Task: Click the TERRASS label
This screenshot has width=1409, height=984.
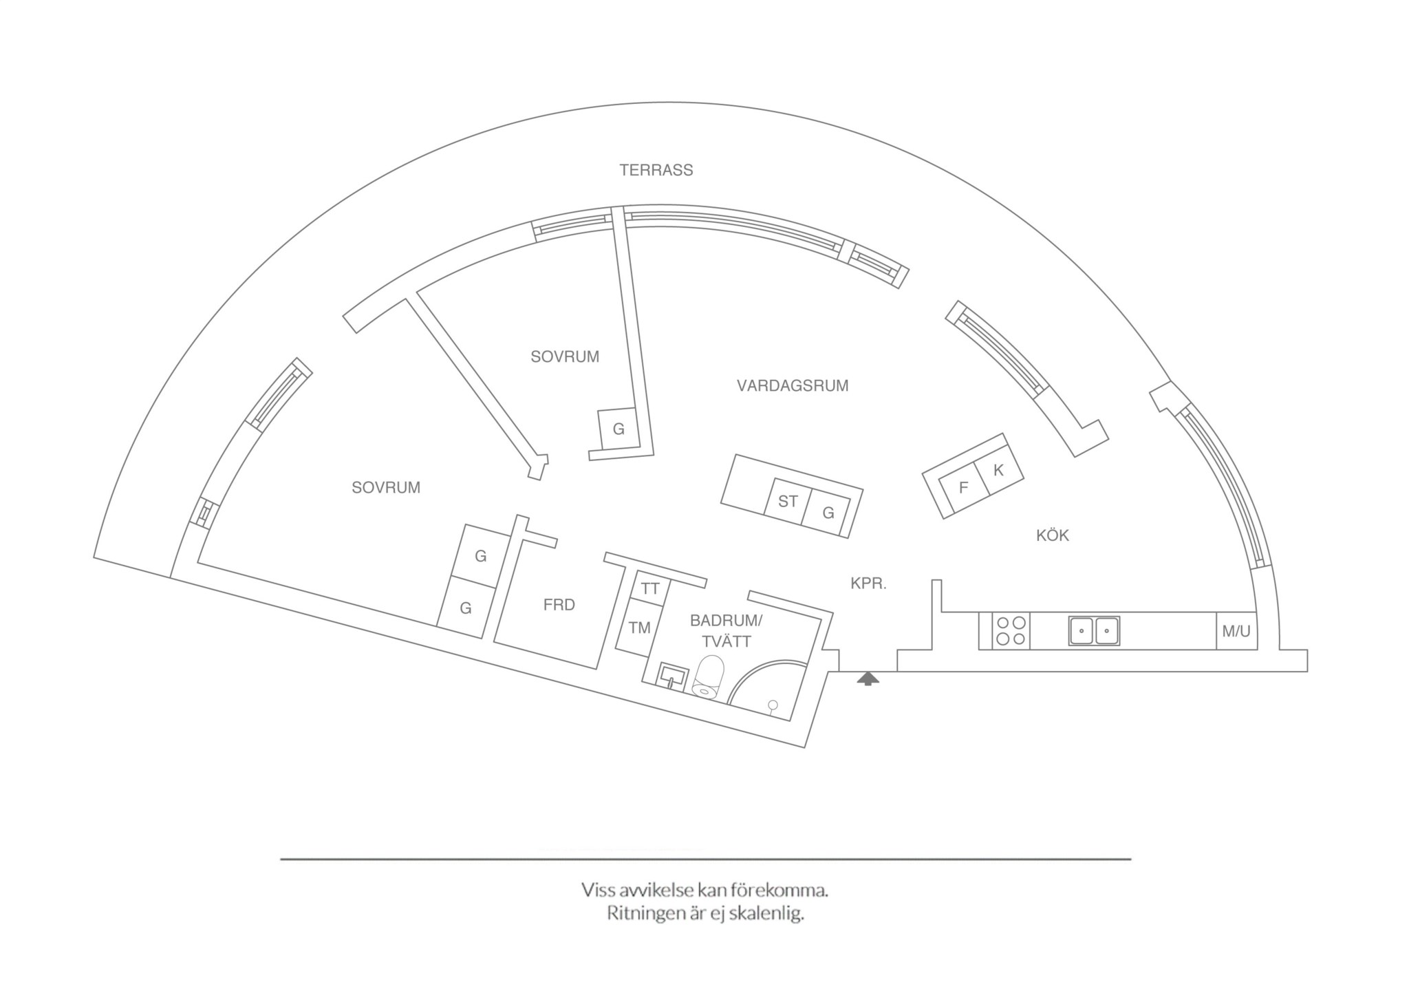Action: [656, 170]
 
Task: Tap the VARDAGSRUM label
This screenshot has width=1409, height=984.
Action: [793, 385]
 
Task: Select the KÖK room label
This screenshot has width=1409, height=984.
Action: [1053, 535]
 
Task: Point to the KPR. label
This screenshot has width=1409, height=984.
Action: [868, 584]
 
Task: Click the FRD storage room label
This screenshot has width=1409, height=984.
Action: [559, 605]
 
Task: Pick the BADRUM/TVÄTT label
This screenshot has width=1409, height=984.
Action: [726, 631]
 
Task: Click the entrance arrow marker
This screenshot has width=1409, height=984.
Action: [868, 679]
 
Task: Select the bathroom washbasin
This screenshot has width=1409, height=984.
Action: [671, 674]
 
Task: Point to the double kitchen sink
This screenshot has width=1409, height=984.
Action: [1094, 630]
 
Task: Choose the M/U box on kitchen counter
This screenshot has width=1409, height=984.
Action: [1236, 630]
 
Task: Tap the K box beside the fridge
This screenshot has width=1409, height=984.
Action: [998, 471]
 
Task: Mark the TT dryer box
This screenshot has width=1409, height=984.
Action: [650, 589]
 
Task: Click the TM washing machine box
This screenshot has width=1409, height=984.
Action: [639, 628]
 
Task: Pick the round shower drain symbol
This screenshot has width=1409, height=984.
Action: [773, 704]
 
